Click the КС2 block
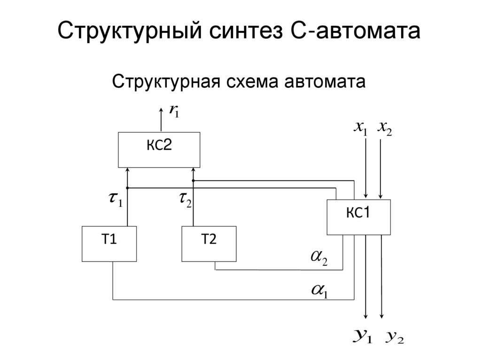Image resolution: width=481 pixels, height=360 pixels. pyautogui.click(x=159, y=149)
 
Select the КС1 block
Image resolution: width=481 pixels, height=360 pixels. pyautogui.click(x=358, y=217)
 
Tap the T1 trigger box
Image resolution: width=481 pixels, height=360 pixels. pyautogui.click(x=109, y=244)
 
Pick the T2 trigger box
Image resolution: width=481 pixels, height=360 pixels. pyautogui.click(x=209, y=244)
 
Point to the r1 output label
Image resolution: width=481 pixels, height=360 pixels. pyautogui.click(x=174, y=111)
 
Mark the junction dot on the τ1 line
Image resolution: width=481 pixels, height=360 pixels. pyautogui.click(x=127, y=188)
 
